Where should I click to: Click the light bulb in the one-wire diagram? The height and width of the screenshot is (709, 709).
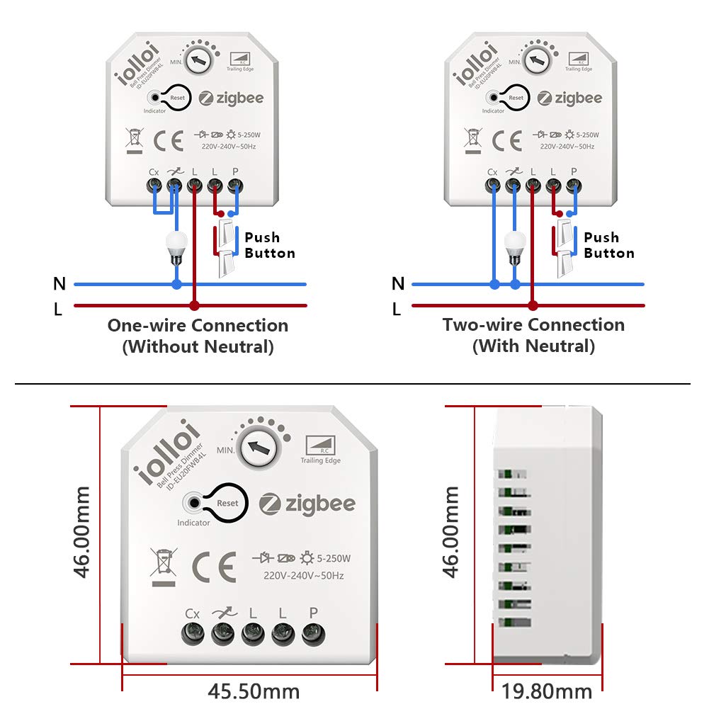click(175, 246)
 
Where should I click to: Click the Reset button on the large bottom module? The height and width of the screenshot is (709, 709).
click(227, 503)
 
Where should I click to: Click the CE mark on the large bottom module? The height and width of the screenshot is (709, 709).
click(214, 565)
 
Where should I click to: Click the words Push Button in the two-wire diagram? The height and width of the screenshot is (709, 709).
click(608, 245)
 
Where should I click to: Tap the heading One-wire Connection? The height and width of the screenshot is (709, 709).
click(198, 326)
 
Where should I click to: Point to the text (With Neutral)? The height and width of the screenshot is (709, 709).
click(533, 346)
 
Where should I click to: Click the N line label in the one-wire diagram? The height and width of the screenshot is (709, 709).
click(59, 284)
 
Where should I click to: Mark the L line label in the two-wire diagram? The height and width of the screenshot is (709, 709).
click(397, 309)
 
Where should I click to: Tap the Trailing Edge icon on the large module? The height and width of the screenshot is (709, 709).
click(320, 449)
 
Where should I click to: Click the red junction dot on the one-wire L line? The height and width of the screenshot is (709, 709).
click(194, 306)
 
